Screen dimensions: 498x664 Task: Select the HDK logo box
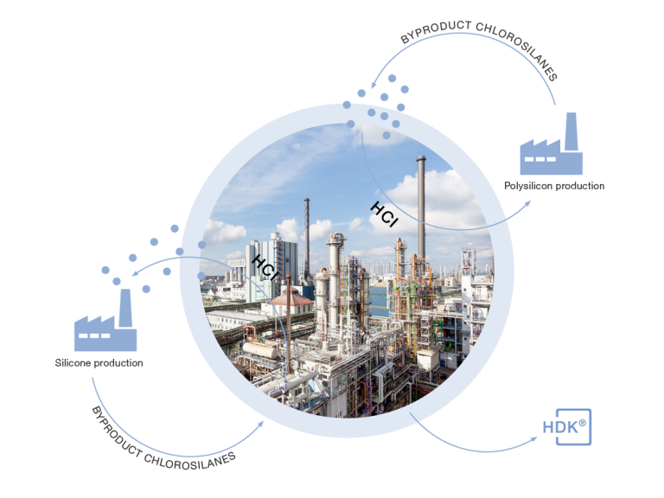(x=566, y=426)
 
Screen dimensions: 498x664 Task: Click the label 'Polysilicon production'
(x=554, y=186)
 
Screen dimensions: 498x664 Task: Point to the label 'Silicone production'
(x=99, y=362)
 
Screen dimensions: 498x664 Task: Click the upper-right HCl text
(x=384, y=214)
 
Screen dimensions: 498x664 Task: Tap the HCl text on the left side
(x=265, y=268)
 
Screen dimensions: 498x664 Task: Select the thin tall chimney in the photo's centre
(x=306, y=229)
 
